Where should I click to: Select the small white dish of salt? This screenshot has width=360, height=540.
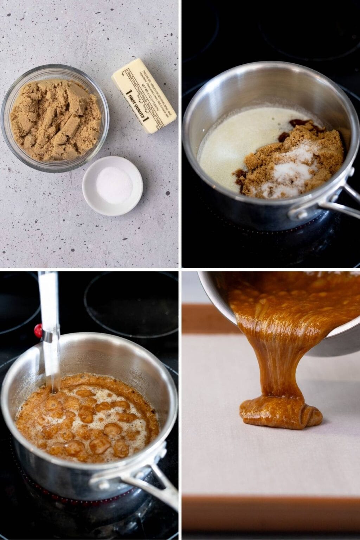click(x=112, y=185)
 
